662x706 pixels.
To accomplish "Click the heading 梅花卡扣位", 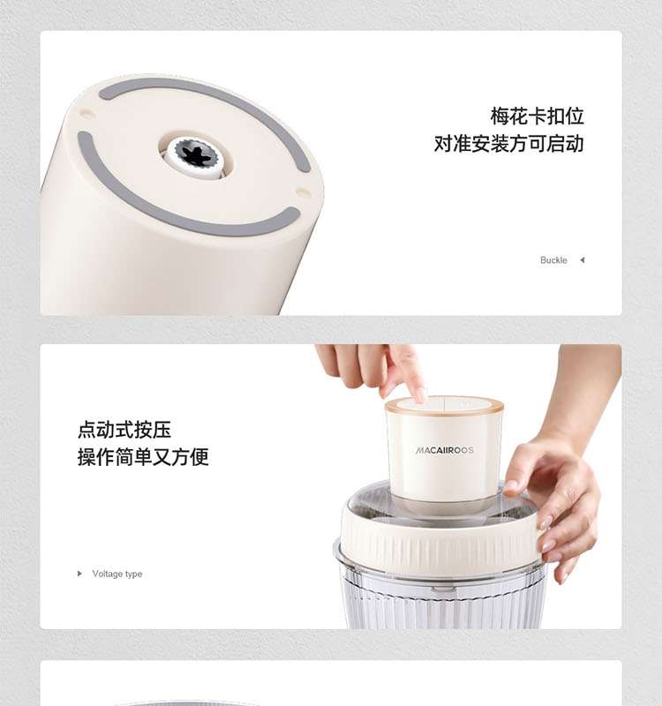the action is [x=538, y=116].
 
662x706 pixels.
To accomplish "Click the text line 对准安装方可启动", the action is [x=509, y=144].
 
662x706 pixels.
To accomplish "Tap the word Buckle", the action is [x=553, y=260].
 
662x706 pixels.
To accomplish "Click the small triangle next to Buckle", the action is [x=583, y=259].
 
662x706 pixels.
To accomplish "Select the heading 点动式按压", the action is [x=124, y=430].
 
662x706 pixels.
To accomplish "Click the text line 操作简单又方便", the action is [x=143, y=457].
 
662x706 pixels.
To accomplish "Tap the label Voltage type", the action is [x=117, y=574].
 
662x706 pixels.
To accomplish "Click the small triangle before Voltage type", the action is [x=79, y=573].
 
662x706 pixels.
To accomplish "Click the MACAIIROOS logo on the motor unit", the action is [x=444, y=450].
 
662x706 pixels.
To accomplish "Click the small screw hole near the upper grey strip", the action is [x=87, y=113].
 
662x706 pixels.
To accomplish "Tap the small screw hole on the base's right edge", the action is [x=303, y=192].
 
